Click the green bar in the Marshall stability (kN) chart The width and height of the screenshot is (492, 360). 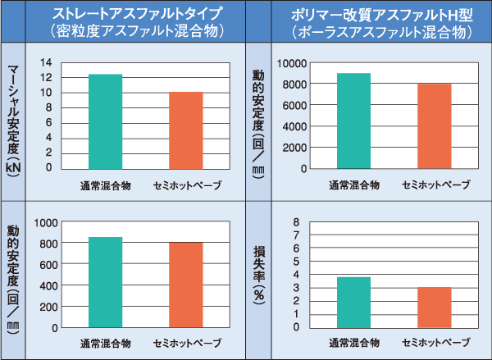coord(105,121)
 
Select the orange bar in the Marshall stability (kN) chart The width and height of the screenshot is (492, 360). coord(186,130)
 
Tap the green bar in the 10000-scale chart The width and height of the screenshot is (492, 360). coord(353,121)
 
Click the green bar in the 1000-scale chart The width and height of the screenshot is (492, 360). coord(105,282)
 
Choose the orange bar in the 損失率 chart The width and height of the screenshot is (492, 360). coord(435,307)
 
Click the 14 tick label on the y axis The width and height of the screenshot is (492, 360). coord(45,63)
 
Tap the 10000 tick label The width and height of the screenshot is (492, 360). coord(292,63)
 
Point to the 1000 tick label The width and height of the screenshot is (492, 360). coord(45,222)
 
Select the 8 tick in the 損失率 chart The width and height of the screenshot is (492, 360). coord(297,222)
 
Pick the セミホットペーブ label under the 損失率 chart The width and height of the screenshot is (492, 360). coord(435,342)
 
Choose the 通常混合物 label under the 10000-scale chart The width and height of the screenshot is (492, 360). coord(354,184)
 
